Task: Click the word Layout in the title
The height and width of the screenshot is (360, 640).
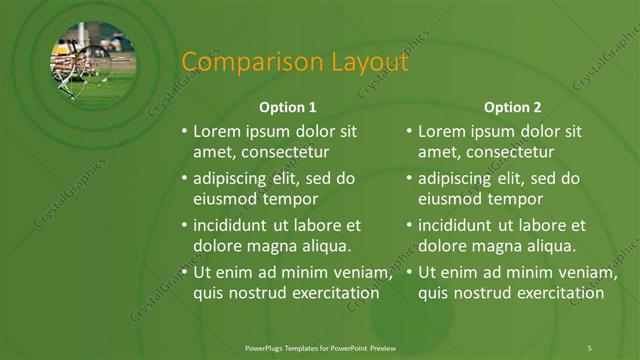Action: click(368, 62)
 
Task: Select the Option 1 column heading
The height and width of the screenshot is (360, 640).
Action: click(288, 106)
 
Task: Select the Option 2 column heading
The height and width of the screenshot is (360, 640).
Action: click(512, 106)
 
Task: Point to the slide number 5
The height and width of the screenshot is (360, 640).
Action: click(589, 347)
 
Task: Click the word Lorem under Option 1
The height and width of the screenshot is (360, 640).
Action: click(216, 131)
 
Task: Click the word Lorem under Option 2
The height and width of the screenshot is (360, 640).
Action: click(441, 131)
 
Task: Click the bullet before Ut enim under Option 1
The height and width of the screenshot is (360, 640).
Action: click(184, 273)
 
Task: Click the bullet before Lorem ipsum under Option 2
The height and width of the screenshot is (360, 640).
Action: click(409, 131)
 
